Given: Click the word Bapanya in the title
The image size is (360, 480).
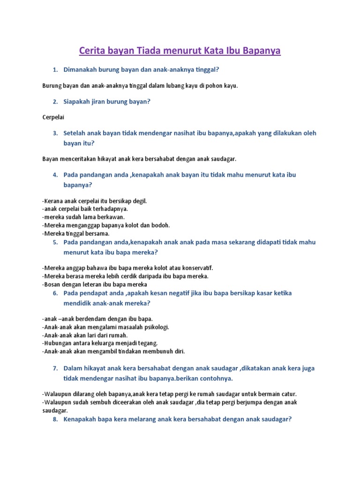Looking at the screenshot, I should (261, 51).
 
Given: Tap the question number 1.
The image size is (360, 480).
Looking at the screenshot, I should (54, 70).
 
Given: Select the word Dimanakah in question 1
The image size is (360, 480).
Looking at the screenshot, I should (83, 70).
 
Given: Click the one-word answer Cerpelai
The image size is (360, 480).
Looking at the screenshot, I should (53, 117).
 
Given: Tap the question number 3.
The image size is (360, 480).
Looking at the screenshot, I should (54, 133).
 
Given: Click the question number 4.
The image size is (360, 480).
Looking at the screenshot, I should (54, 175).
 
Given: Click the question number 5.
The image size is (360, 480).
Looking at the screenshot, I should (54, 242).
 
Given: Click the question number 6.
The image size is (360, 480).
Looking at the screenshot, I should (54, 293).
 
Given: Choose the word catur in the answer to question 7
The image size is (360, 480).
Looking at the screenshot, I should (288, 394).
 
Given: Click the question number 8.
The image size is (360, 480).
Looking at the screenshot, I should (54, 420).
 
